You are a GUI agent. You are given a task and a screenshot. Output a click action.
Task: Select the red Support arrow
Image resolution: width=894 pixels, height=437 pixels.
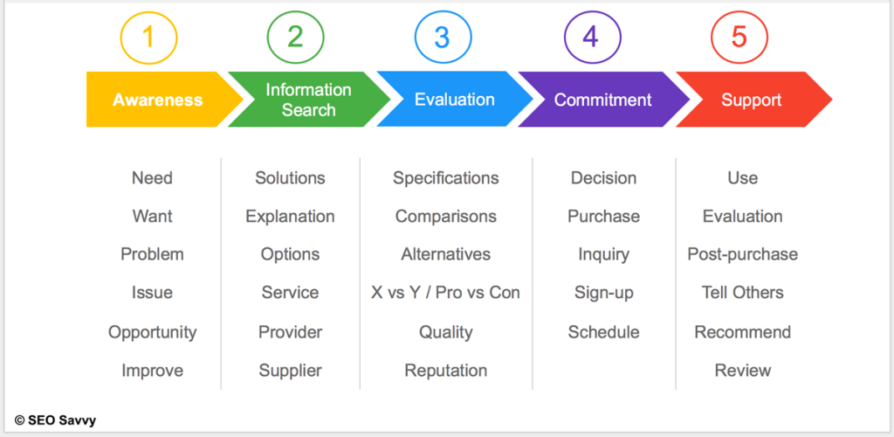[x=753, y=100]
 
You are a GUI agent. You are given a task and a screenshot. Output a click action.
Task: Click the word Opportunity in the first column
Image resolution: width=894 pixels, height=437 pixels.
[x=152, y=332]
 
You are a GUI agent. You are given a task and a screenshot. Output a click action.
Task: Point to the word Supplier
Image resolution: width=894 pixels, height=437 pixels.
[x=290, y=371]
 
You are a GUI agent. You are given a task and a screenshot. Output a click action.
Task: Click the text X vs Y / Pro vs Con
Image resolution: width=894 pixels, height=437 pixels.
[x=445, y=293]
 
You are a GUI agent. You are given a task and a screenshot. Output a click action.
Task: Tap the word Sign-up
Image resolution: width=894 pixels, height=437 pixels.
[x=604, y=293]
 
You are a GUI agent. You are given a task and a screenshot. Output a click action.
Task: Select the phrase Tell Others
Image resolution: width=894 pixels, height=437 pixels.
[x=742, y=293]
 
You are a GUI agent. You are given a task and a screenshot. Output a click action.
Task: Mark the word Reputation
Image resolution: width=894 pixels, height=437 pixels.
[x=446, y=371]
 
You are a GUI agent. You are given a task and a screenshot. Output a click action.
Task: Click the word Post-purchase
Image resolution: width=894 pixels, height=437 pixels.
[x=742, y=253]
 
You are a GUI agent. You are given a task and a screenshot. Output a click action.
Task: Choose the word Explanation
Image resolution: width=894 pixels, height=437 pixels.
[x=290, y=217]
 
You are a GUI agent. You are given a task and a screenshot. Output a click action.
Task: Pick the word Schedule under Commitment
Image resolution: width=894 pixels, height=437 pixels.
[x=604, y=332]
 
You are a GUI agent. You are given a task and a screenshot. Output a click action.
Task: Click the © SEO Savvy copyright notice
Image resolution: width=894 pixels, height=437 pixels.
[x=55, y=420]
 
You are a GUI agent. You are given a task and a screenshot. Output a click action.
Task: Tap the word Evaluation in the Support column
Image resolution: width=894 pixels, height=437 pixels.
[x=742, y=216]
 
